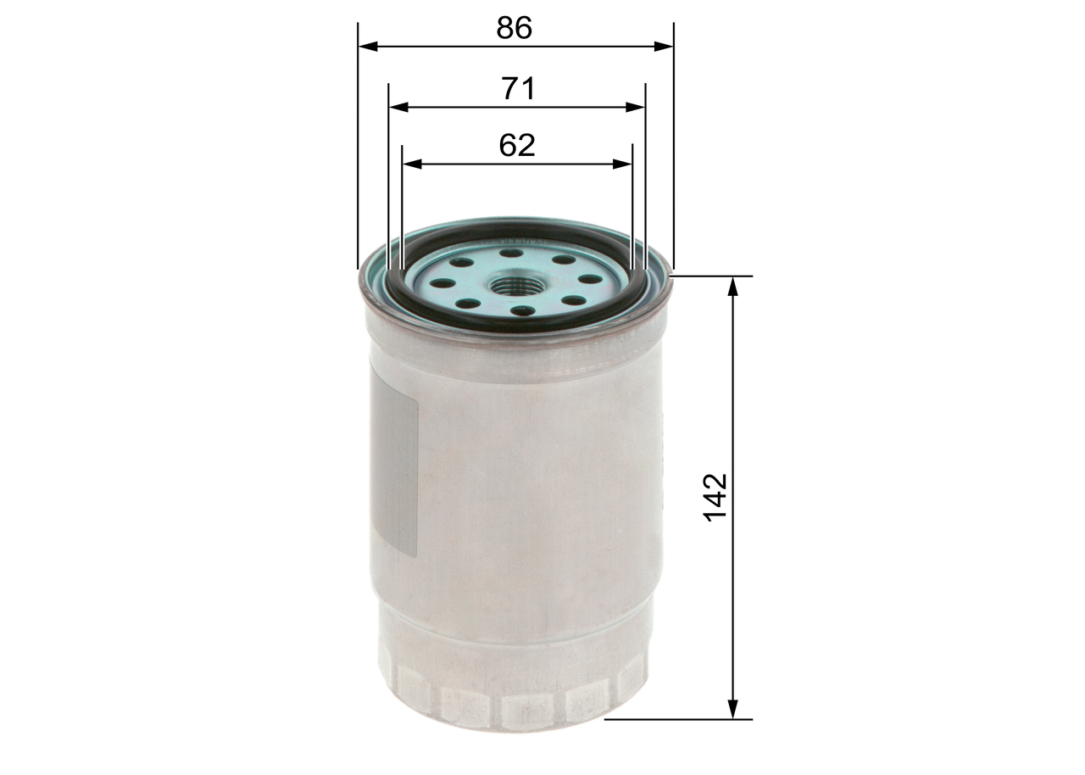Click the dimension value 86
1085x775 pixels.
515,28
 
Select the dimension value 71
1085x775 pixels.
518,88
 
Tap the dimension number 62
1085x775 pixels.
517,145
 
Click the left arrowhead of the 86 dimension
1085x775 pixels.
366,47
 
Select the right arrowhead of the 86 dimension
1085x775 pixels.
665,47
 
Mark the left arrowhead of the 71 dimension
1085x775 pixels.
397,108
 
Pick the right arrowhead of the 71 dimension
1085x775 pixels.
637,108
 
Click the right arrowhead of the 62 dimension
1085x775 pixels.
625,164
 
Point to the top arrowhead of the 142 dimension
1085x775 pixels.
734,285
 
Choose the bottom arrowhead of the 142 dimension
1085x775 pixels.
734,711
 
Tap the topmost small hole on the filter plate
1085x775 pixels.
509,252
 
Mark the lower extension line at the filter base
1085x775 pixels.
678,719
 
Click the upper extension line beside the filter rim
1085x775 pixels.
712,276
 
